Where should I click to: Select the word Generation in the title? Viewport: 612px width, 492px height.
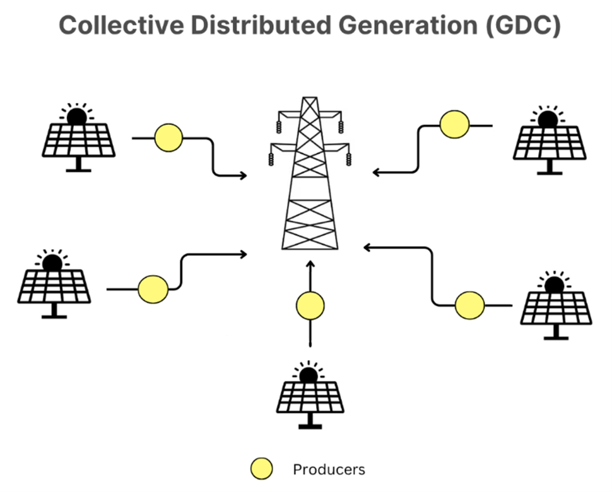397,26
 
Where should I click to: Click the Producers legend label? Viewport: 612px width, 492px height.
329,470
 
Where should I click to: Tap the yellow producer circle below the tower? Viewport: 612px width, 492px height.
310,306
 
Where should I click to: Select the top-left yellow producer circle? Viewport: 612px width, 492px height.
168,137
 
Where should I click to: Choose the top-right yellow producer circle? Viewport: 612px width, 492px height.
454,124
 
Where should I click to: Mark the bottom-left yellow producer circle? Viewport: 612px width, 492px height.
153,289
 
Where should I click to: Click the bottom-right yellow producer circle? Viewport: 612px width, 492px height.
470,305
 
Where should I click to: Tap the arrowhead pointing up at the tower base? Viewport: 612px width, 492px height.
310,263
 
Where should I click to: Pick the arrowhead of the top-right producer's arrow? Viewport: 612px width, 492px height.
376,172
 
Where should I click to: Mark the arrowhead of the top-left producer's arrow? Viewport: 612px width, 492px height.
243,175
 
